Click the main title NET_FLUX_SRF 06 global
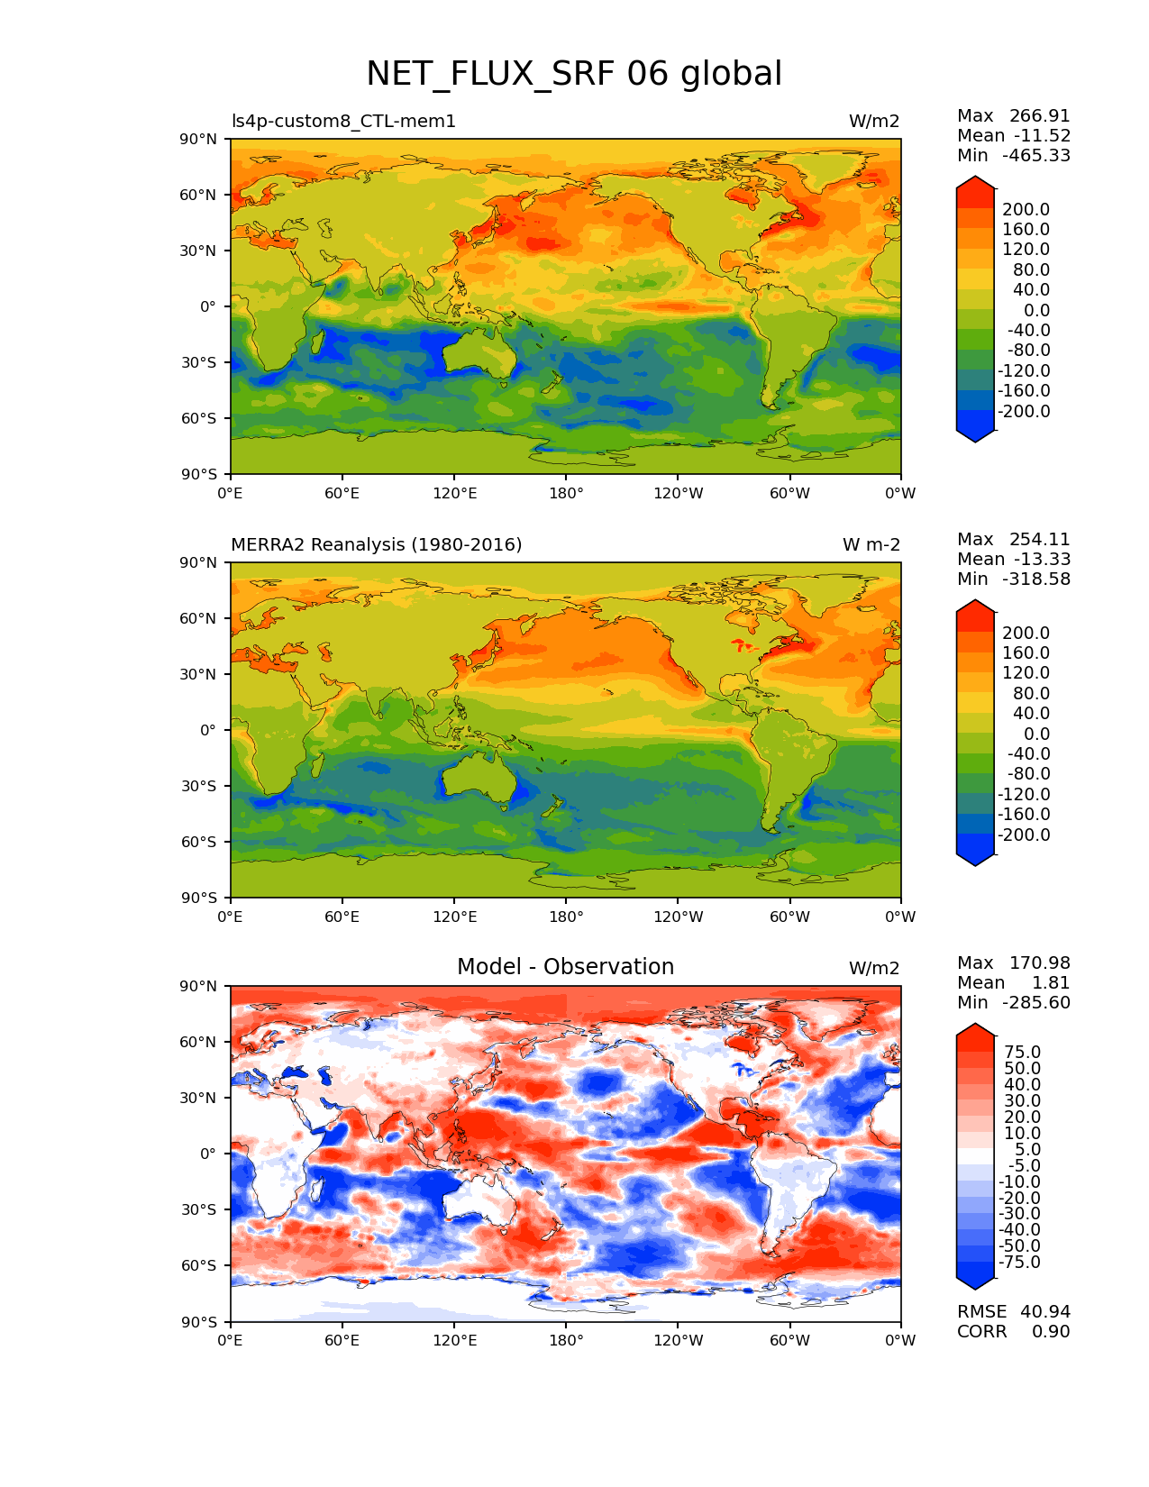574,74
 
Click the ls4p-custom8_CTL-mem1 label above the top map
343,121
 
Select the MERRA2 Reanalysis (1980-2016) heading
376,544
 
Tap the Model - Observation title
565,967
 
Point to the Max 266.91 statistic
1013,115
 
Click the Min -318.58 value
1013,579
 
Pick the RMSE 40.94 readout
1013,1311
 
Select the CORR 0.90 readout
1013,1331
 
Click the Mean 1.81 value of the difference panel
1013,982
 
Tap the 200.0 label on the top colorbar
1026,210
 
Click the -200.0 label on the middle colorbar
1023,835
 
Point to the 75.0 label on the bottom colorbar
1022,1052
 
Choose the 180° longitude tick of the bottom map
565,1340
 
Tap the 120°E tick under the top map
454,493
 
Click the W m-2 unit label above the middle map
871,544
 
